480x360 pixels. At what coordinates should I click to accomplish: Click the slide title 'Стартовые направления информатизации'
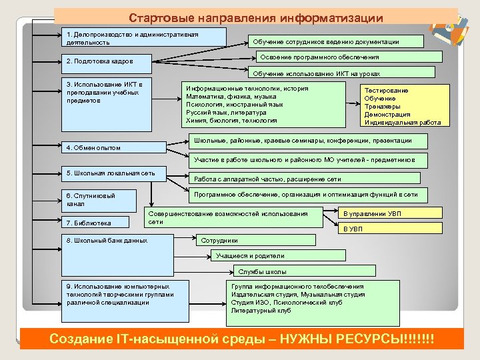[x=256, y=17]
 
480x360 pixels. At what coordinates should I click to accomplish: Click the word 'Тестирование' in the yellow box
[x=386, y=90]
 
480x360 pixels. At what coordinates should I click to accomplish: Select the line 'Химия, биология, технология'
[x=231, y=121]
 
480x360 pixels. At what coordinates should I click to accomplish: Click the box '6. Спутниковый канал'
[x=99, y=199]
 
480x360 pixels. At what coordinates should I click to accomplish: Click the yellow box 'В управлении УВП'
[x=390, y=214]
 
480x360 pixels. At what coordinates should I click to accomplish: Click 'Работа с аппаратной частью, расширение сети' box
[x=303, y=179]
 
